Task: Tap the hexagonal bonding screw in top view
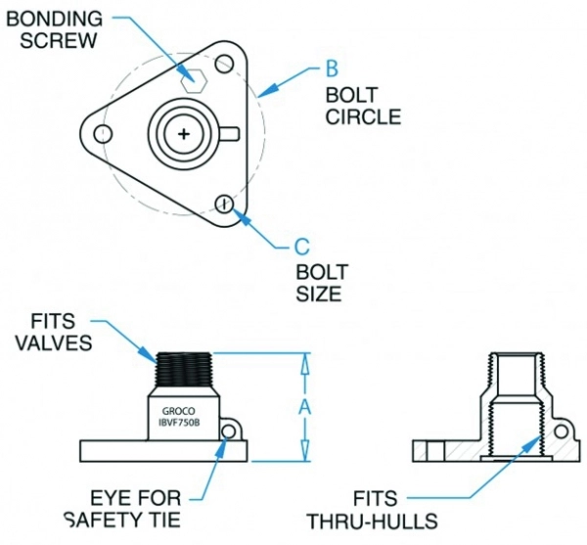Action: coord(193,77)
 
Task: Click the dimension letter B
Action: coord(332,70)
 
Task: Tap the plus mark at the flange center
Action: coord(182,133)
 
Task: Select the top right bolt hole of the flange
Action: coord(225,66)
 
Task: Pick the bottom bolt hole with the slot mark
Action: coord(225,203)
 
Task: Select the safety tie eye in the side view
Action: coord(232,431)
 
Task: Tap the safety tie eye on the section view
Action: coord(561,431)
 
